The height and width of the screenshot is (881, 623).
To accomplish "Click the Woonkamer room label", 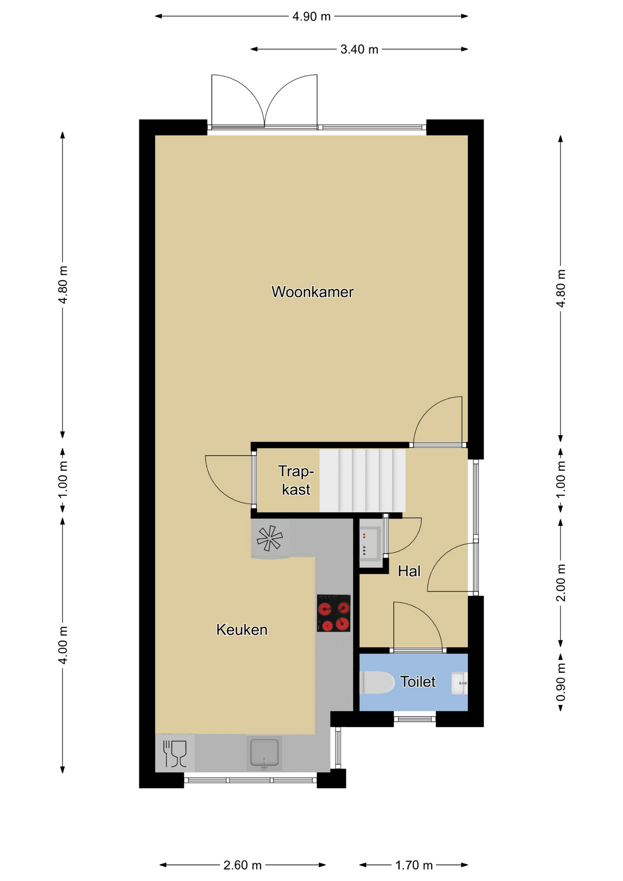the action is tap(312, 292).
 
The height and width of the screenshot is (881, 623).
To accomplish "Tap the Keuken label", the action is tap(242, 630).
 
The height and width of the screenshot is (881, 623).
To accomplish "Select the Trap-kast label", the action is tap(296, 480).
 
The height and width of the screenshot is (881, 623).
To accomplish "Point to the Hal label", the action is tap(409, 571).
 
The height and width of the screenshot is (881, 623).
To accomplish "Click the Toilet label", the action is tap(417, 681).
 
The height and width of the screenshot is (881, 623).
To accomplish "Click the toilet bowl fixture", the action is tap(377, 682).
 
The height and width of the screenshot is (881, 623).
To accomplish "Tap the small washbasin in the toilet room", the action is tap(459, 683).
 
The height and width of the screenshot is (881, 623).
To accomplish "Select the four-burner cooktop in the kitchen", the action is tap(334, 613).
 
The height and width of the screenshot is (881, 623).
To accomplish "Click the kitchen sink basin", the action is tap(264, 753).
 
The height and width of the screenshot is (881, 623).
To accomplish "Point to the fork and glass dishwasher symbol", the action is tap(175, 753).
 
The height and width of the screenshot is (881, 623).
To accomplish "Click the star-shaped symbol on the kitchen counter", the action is tap(270, 538).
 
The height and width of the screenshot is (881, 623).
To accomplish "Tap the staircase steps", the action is tap(362, 480).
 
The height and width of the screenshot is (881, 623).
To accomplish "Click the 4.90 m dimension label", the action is tap(311, 17).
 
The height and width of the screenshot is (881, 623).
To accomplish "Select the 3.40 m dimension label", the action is tap(359, 49).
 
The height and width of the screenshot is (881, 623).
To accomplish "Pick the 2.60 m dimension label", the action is tap(242, 865).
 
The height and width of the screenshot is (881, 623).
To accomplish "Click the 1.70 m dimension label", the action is tap(414, 865).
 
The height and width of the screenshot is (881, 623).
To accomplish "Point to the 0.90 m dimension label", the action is tap(561, 683).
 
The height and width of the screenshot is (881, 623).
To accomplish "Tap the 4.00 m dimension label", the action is tap(63, 645).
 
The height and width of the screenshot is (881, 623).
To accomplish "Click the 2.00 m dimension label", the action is tap(561, 583).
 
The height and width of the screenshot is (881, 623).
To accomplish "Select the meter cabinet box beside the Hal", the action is tap(371, 544).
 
